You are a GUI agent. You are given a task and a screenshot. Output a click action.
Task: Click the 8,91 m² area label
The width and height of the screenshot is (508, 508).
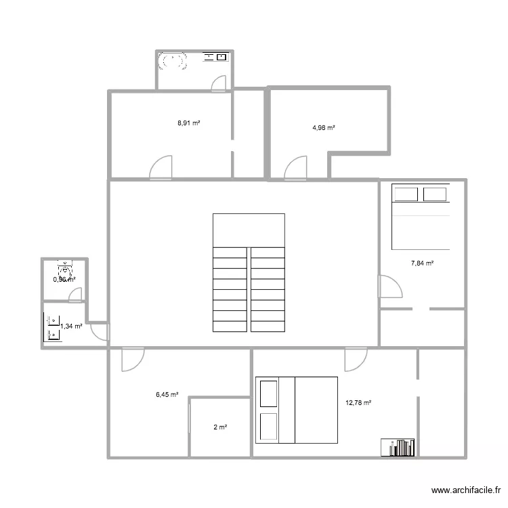[188, 123]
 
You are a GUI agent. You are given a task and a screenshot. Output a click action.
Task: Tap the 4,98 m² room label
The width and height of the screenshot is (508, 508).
[324, 127]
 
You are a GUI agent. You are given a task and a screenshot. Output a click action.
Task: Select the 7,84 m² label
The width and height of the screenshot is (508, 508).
[423, 264]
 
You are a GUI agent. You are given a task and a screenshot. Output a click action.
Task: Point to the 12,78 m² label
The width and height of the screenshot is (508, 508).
[358, 403]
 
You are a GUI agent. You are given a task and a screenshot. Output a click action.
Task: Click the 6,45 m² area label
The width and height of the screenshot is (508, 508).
[166, 394]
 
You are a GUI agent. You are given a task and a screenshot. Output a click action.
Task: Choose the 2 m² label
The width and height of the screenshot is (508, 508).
[220, 427]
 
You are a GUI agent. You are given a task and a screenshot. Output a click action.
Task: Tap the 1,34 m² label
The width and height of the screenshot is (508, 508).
[71, 326]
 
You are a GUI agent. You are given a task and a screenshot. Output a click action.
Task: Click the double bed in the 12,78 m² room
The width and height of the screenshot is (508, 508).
[297, 410]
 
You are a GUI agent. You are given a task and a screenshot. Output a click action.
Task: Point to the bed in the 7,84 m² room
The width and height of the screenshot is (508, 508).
[421, 217]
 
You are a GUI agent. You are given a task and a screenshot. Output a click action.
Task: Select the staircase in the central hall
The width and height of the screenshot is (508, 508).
[249, 273]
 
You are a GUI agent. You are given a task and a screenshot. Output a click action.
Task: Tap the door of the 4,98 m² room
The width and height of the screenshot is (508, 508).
[297, 167]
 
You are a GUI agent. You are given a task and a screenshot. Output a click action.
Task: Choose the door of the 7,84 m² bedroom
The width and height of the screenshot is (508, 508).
[389, 286]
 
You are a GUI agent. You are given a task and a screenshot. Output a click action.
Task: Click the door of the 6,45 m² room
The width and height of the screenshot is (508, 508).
[132, 360]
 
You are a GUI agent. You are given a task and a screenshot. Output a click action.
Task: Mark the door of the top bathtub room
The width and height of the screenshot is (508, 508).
[219, 83]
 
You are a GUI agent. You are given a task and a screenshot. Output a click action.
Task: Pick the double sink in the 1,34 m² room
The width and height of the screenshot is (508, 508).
[52, 325]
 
